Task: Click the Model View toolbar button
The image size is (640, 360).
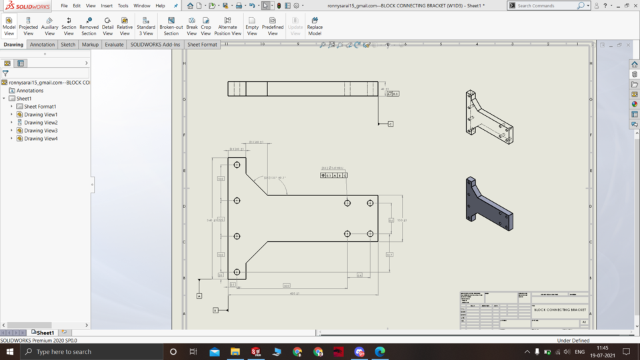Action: tap(9, 26)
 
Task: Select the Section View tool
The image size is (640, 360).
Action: tap(69, 26)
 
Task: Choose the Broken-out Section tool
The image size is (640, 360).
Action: tap(171, 26)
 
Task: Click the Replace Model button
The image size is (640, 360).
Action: tap(315, 26)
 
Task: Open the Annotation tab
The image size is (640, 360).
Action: tap(42, 45)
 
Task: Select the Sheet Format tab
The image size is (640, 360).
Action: tap(202, 45)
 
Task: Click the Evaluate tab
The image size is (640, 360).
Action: tap(114, 45)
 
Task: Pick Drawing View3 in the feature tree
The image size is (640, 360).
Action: tap(41, 131)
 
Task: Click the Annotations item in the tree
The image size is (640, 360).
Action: tap(30, 91)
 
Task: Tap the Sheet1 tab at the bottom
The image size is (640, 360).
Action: tap(45, 333)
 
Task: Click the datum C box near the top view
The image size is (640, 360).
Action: tap(391, 124)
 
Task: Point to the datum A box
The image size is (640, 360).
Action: tap(199, 295)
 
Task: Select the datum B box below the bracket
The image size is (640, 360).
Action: tap(215, 310)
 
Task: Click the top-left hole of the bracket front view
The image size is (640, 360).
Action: tap(237, 165)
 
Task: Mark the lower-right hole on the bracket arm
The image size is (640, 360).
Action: tap(370, 234)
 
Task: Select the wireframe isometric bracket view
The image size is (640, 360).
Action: tap(489, 117)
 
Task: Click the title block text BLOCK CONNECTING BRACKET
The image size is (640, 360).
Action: tap(560, 310)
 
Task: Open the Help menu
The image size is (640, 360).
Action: tap(160, 5)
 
